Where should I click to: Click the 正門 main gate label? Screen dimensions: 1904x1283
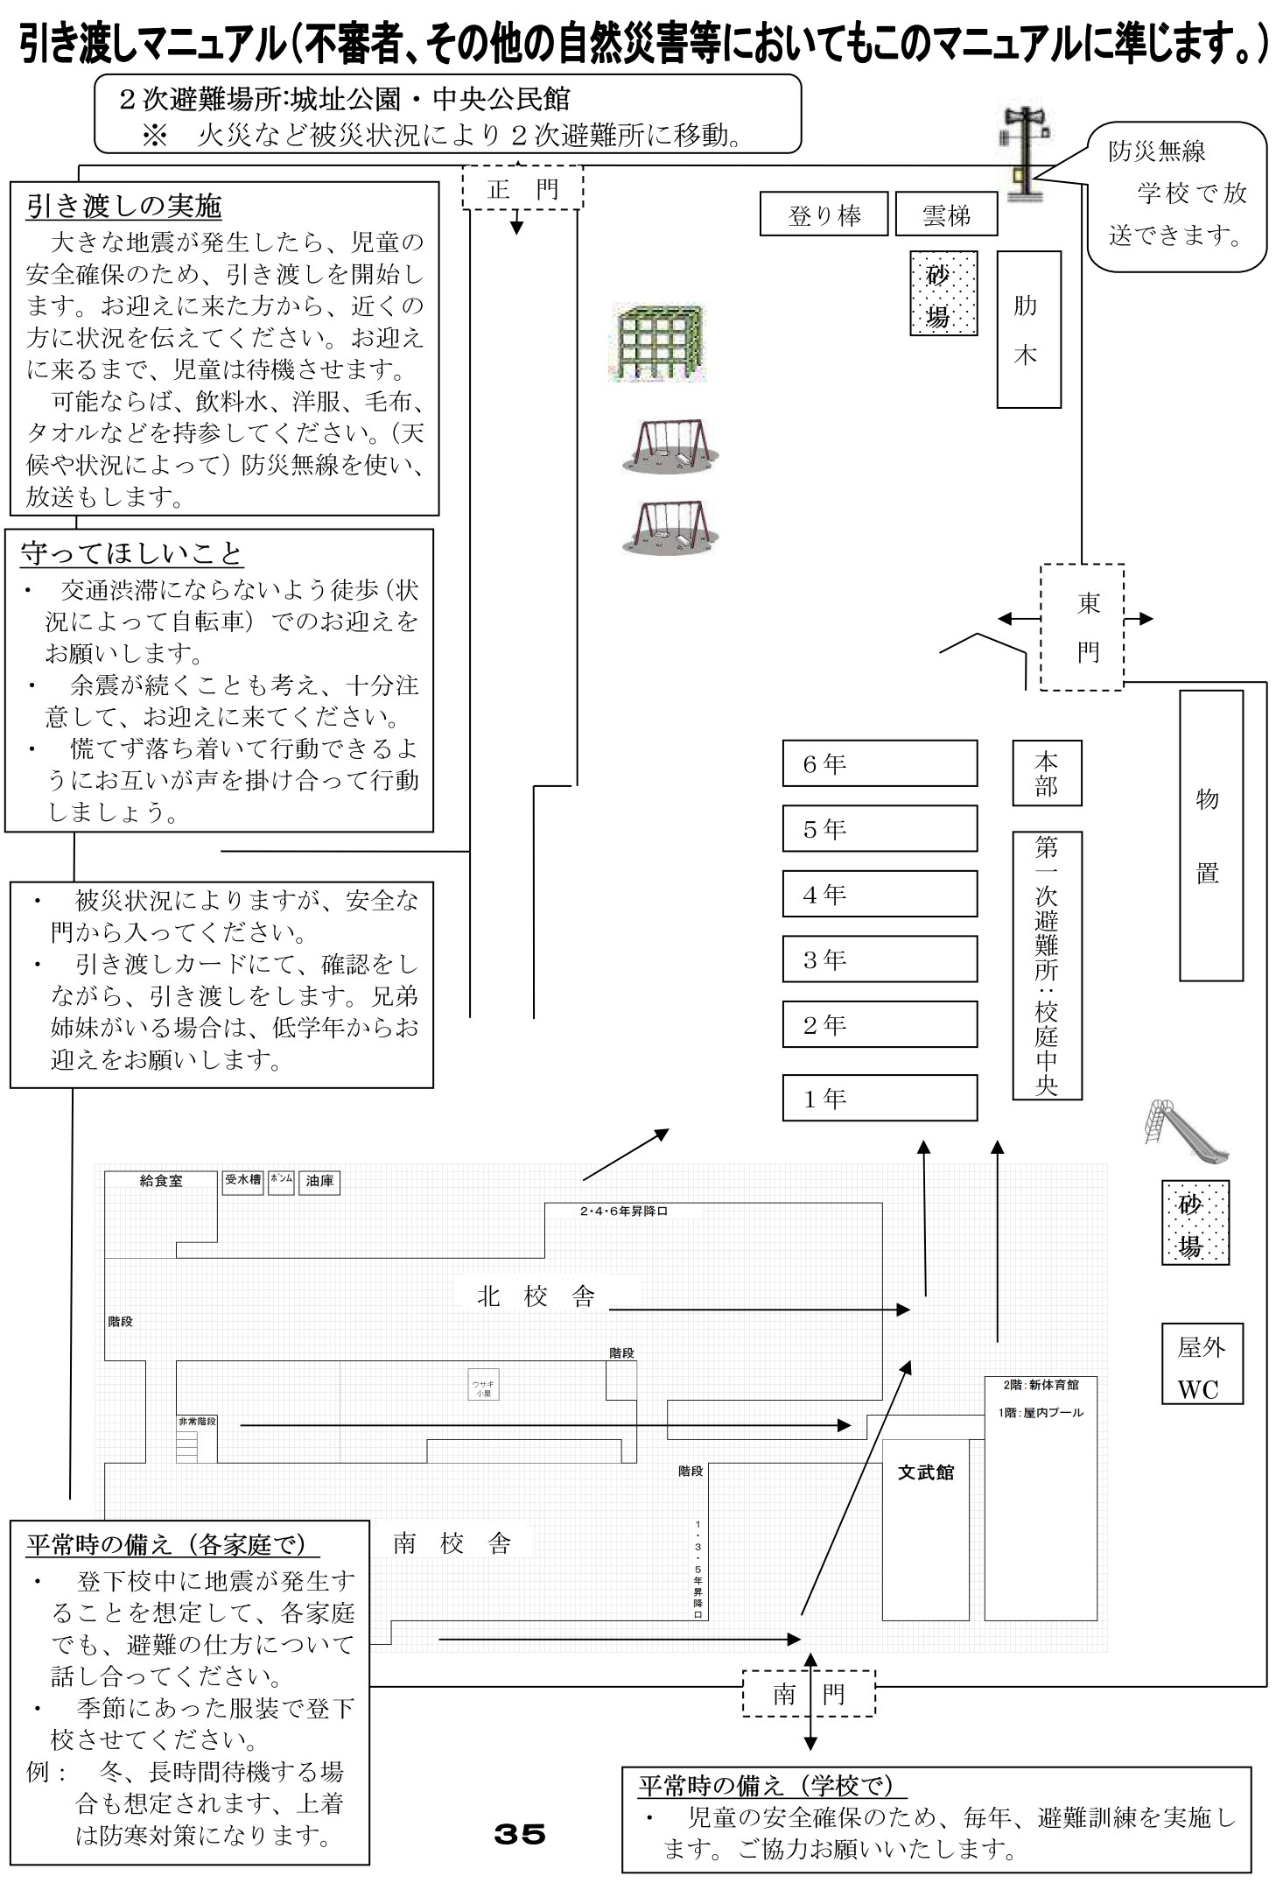click(522, 188)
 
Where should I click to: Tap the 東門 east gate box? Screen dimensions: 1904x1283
click(1082, 627)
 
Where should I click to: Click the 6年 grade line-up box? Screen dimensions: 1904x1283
click(879, 763)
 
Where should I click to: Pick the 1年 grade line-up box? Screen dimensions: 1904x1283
click(879, 1098)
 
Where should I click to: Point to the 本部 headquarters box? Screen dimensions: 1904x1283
click(1047, 773)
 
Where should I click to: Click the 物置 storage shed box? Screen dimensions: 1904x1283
click(1210, 835)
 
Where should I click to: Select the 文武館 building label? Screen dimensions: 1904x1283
click(925, 1472)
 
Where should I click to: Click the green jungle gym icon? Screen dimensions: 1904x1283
click(658, 343)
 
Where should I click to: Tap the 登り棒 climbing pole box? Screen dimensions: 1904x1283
click(824, 214)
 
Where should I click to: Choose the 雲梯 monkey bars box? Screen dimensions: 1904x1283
click(946, 214)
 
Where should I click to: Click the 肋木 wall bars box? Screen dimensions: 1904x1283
click(1028, 329)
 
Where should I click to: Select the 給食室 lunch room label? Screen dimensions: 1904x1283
click(161, 1181)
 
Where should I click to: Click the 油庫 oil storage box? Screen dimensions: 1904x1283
click(319, 1182)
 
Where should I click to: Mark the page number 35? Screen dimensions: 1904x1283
click(520, 1833)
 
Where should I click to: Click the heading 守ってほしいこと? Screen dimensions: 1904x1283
click(131, 553)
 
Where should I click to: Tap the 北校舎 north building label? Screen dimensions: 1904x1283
click(536, 1296)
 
